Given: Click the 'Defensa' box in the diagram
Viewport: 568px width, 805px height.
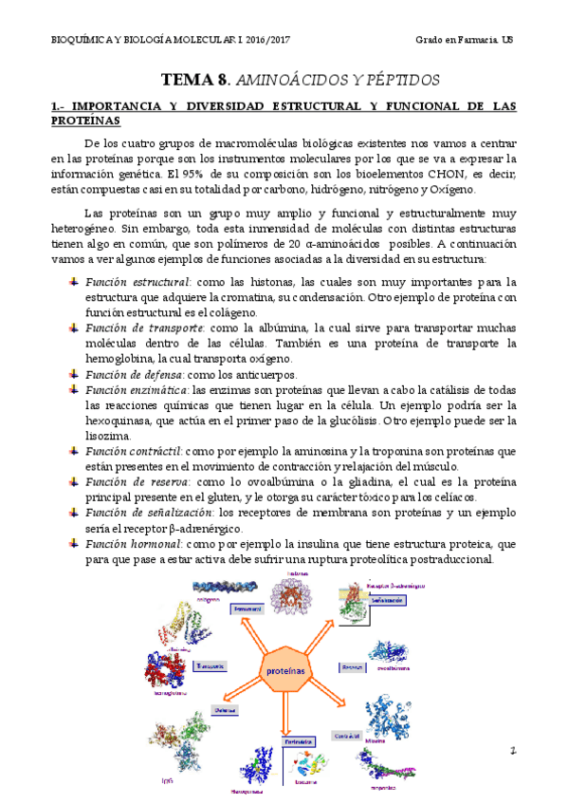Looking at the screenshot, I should coord(224,709).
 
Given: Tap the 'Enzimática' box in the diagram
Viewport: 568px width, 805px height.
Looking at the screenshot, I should coord(297,742).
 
